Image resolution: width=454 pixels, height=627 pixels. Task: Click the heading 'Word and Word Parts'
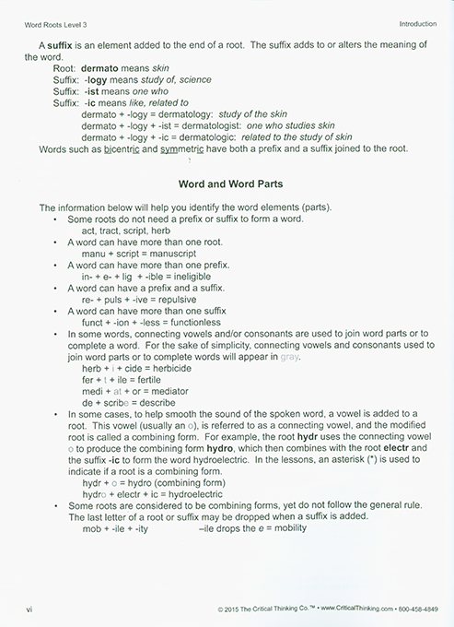coord(227,183)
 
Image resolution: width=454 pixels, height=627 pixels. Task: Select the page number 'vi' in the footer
coord(30,609)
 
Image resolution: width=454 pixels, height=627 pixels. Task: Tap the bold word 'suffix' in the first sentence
coord(67,45)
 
